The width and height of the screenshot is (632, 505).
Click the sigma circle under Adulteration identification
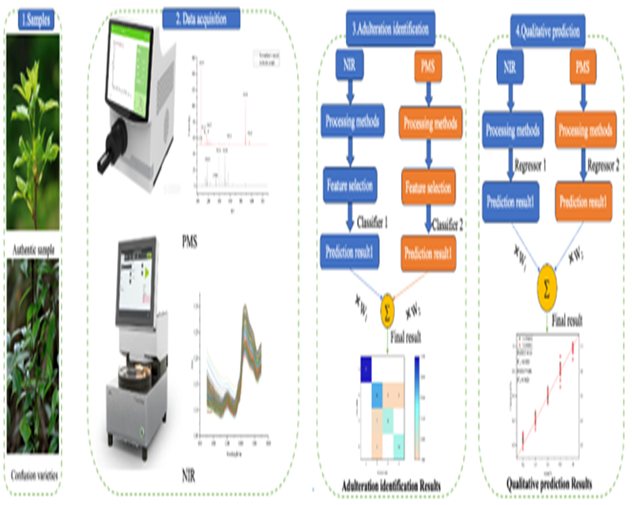click(389, 305)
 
